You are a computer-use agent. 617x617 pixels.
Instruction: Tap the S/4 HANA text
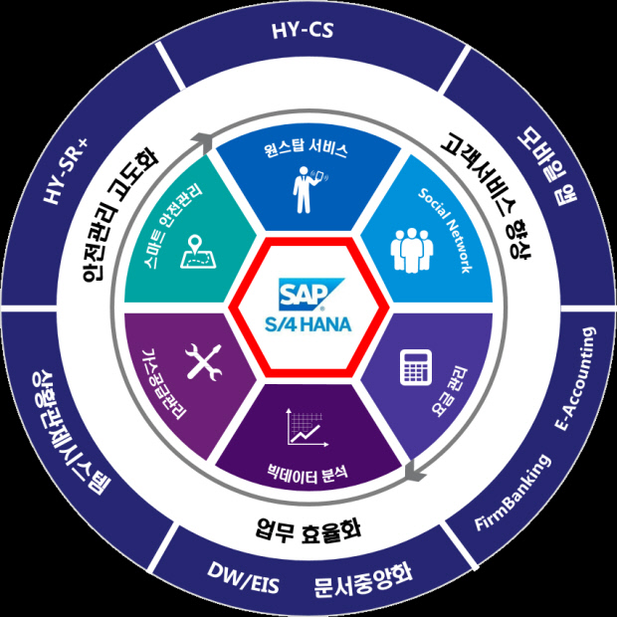[x=308, y=322]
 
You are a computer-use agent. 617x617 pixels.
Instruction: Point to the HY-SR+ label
[x=67, y=170]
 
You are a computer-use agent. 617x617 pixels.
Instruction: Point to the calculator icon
[x=412, y=369]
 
